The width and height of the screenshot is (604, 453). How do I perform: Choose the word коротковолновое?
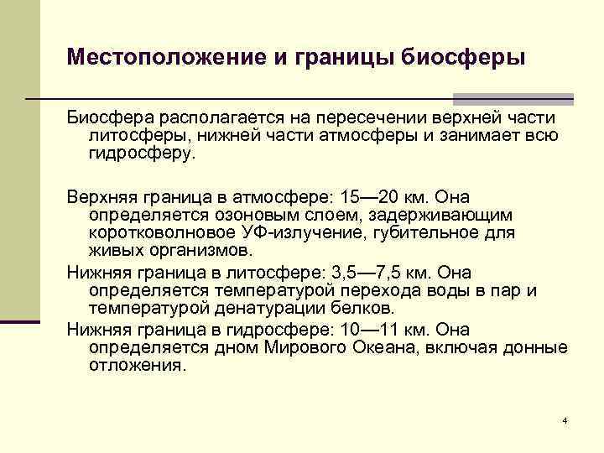[x=158, y=232]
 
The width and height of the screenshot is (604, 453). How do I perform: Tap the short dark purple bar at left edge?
[x=20, y=320]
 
